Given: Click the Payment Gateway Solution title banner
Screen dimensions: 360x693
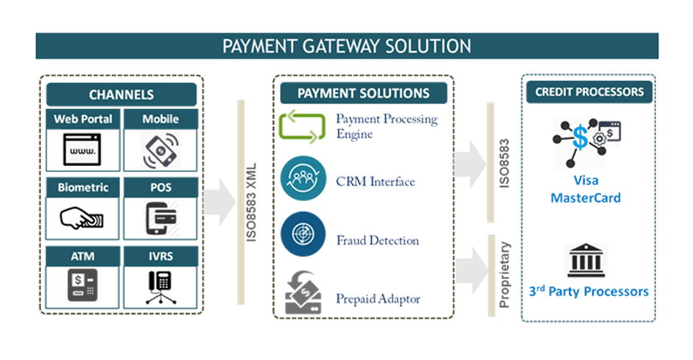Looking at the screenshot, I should tap(347, 46).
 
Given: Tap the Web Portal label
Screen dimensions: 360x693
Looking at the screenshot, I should tap(83, 119).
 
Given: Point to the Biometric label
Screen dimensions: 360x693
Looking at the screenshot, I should tap(83, 188).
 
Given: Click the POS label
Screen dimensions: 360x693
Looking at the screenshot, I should tap(159, 188).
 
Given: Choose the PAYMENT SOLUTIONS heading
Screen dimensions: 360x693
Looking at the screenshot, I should tap(363, 93).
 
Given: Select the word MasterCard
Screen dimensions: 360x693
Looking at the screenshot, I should tap(585, 198).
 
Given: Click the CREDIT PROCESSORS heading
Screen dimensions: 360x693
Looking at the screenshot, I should tap(589, 92).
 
